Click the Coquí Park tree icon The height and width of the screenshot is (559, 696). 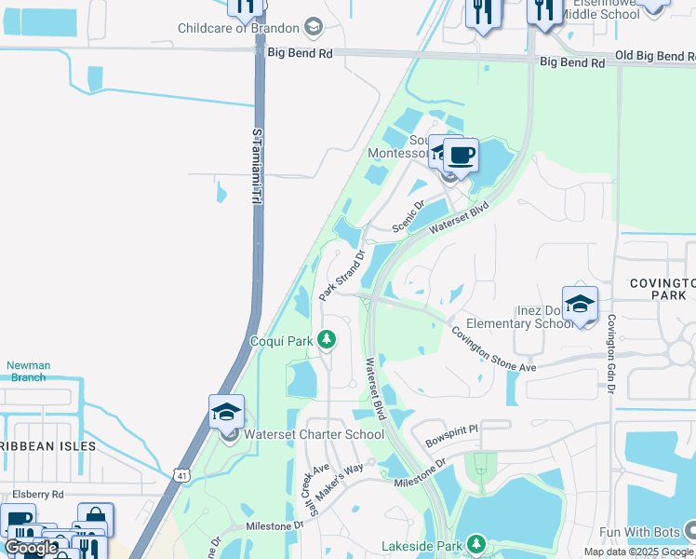click(326, 340)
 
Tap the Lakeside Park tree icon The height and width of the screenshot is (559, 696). click(476, 543)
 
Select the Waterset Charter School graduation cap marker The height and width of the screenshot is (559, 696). click(226, 412)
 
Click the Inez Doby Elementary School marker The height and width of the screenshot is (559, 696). click(579, 304)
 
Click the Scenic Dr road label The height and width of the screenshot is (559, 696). click(408, 217)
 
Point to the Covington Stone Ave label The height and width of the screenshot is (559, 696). click(494, 349)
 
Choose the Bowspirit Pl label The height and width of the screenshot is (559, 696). click(450, 429)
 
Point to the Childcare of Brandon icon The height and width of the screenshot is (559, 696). click(314, 26)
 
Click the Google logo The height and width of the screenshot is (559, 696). click(30, 548)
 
